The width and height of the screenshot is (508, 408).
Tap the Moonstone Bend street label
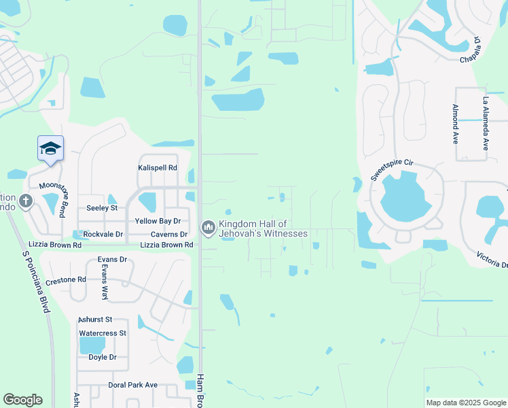click(x=52, y=199)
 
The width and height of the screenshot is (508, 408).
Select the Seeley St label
click(x=102, y=207)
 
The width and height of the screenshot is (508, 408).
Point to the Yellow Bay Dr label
click(x=158, y=221)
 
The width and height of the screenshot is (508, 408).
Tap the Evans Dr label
click(x=112, y=259)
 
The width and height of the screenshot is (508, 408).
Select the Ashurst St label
click(x=94, y=319)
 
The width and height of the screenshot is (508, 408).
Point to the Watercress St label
click(x=103, y=333)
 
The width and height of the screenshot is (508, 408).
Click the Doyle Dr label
click(x=103, y=357)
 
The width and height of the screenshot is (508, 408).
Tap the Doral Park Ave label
click(x=132, y=385)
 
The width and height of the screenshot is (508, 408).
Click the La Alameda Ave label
click(x=486, y=123)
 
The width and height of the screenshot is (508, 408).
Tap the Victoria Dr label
click(x=491, y=260)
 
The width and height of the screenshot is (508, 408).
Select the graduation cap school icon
click(x=50, y=148)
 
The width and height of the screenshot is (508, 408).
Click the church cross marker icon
click(x=26, y=201)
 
